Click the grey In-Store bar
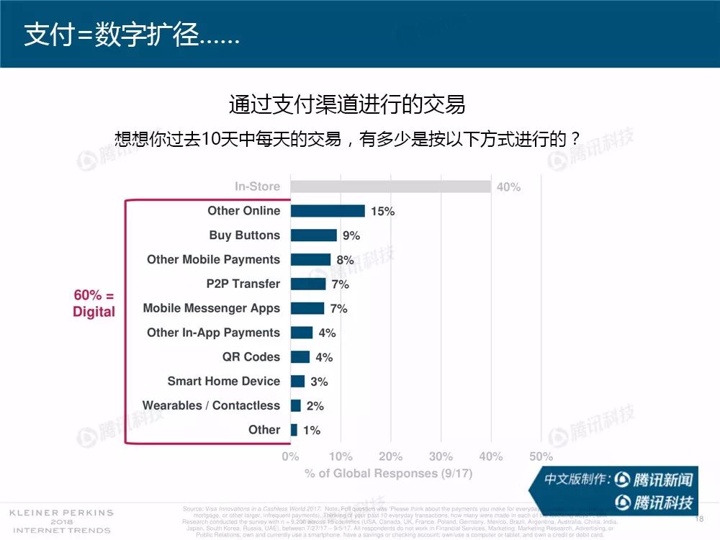[x=390, y=186]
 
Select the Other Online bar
[x=328, y=211]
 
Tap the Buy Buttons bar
[x=313, y=235]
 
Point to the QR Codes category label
[x=251, y=357]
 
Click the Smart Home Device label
[x=223, y=381]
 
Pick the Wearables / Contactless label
[x=211, y=405]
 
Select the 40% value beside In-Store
[x=508, y=187]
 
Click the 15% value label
[x=382, y=212]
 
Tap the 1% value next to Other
[x=311, y=431]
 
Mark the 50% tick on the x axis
[x=541, y=456]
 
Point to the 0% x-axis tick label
[x=290, y=456]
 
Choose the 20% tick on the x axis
[x=390, y=456]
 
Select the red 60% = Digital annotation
[x=94, y=303]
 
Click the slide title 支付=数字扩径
[x=132, y=35]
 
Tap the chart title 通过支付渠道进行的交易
[x=347, y=104]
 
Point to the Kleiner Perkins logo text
[x=60, y=521]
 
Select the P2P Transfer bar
[x=308, y=284]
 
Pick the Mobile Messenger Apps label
[x=211, y=308]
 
